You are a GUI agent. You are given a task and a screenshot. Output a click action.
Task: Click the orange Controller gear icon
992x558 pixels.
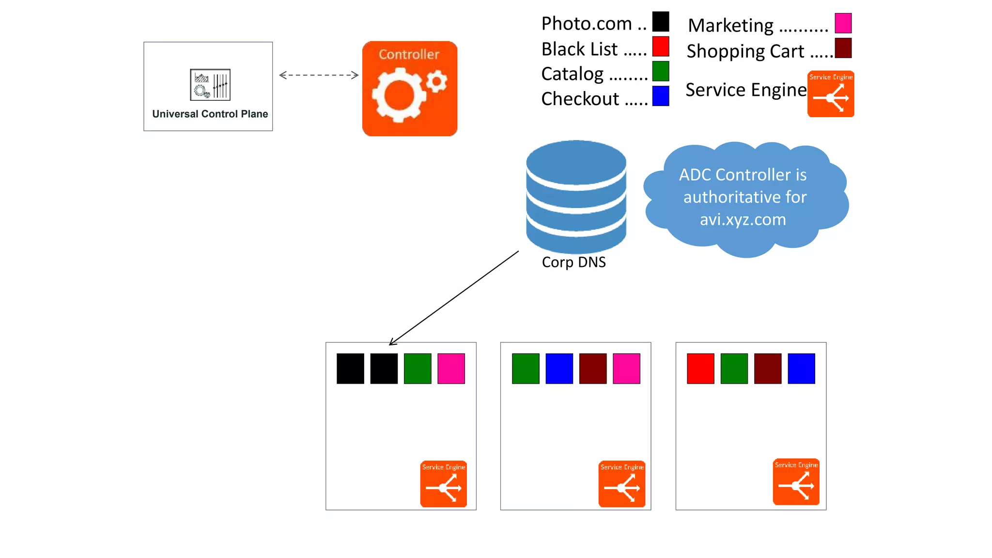[x=410, y=89]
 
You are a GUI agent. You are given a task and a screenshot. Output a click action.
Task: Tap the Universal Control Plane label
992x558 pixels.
[x=210, y=114]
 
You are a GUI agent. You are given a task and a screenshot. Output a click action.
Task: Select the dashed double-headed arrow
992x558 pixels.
[x=319, y=75]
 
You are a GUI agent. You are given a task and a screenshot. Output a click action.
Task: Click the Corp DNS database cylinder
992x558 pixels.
[x=576, y=196]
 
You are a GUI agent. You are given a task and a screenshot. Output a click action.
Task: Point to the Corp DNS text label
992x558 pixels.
[x=573, y=262]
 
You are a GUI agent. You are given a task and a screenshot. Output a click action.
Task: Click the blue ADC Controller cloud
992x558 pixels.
[x=745, y=198]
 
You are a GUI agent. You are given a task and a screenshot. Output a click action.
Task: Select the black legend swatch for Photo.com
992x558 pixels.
[x=661, y=22]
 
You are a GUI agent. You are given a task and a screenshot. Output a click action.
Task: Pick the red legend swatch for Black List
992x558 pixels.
[x=661, y=46]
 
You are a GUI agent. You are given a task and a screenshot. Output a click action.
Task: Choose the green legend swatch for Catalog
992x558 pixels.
[x=661, y=71]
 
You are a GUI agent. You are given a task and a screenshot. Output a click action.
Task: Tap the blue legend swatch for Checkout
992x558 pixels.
[x=661, y=96]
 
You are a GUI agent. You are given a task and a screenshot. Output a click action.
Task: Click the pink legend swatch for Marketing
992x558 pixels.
[x=843, y=23]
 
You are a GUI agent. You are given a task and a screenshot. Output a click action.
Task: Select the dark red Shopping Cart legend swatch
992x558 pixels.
[x=843, y=48]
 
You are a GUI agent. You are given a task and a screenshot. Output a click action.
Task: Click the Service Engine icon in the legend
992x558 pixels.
[x=831, y=94]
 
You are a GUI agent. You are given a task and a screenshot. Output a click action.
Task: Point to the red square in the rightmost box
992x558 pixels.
[x=700, y=369]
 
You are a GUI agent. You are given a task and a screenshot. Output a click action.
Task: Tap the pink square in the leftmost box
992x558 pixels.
[x=451, y=369]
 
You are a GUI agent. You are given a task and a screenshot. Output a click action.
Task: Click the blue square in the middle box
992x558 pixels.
[x=559, y=369]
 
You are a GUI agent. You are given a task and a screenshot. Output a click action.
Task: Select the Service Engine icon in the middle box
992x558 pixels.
[x=622, y=484]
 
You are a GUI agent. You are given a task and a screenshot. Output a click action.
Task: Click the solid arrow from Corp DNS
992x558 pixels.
[x=454, y=298]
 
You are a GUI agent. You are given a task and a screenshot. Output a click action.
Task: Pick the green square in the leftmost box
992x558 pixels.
[x=418, y=369]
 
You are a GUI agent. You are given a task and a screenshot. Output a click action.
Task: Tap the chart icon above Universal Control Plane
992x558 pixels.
[x=210, y=85]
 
